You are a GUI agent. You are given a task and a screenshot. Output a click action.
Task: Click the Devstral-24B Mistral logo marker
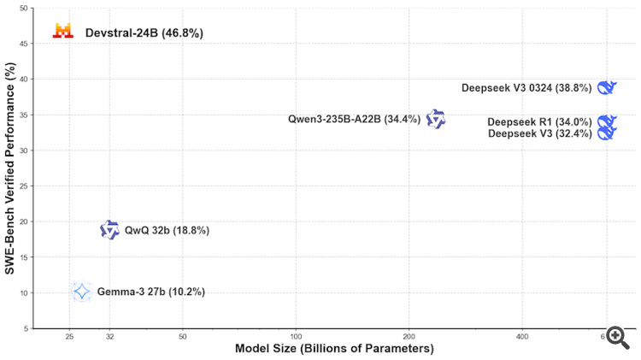62,31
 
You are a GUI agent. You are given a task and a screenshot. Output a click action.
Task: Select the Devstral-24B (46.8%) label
144,33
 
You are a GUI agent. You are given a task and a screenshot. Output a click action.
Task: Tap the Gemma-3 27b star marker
81,292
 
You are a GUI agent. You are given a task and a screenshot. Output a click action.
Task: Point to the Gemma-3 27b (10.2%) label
150,292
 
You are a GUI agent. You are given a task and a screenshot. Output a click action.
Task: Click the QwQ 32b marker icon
109,229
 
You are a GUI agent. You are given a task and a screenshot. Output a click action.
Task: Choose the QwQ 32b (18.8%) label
167,230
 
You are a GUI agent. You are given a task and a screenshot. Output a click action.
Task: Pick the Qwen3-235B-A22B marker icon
436,119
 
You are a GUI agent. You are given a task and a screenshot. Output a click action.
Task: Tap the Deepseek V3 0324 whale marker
607,87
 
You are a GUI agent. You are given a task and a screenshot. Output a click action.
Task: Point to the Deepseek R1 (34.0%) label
539,122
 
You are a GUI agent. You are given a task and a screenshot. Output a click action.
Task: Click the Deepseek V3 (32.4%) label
539,133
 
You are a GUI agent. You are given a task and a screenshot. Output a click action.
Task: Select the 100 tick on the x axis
296,337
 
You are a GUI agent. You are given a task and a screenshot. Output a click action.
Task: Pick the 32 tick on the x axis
109,337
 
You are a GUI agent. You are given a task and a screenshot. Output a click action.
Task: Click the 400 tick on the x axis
521,337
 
